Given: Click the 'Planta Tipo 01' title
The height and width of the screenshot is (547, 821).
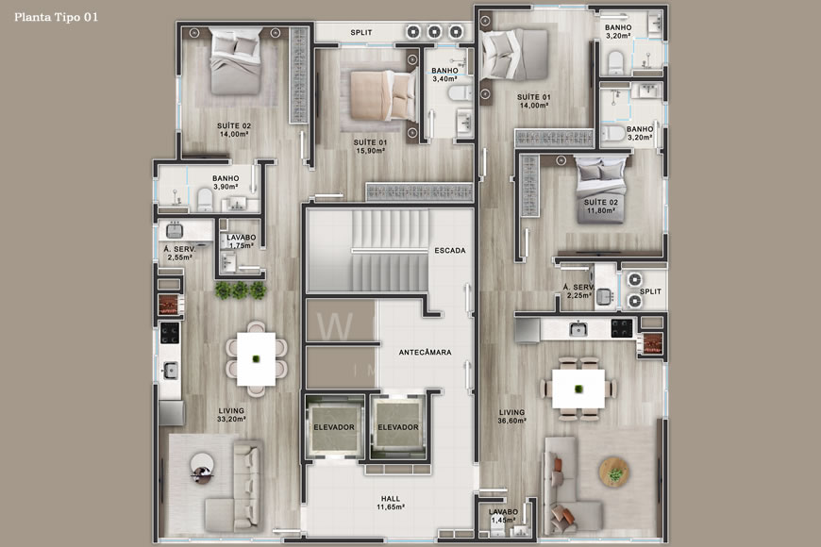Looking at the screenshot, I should click(55, 17).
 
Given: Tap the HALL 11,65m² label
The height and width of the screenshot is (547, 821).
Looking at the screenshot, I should click(390, 502).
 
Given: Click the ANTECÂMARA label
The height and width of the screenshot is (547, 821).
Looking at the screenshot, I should click(425, 352).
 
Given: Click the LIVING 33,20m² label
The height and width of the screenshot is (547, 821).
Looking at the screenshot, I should click(231, 415).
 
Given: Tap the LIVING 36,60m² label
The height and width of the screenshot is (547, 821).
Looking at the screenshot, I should click(512, 416).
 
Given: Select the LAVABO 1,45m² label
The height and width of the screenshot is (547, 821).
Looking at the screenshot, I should click(503, 516).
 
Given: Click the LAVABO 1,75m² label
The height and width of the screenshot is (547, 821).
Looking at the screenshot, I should click(242, 240).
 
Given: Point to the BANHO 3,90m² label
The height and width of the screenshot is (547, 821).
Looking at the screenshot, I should click(226, 182).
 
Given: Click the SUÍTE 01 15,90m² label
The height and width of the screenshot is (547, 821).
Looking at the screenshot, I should click(372, 146).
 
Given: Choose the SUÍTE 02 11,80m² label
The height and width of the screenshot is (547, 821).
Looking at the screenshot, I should click(599, 207).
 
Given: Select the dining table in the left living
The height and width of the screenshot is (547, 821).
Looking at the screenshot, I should click(255, 358).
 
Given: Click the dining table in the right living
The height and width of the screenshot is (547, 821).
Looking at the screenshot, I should click(578, 389).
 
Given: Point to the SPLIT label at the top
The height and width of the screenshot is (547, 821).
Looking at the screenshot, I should click(361, 32).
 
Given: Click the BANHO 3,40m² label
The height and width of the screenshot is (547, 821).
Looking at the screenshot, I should click(444, 75).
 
